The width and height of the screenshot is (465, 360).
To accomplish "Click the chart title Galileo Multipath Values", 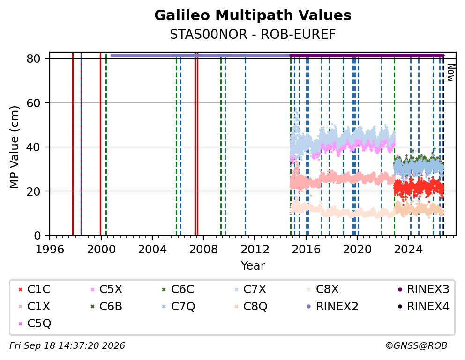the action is coord(253,15).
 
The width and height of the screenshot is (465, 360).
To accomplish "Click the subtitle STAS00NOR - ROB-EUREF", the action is coord(253,35).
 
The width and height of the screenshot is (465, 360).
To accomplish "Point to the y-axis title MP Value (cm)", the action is coord(14,147).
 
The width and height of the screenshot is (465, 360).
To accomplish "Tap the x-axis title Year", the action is coord(253,265).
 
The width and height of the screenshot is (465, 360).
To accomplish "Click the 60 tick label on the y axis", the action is coord(33,103).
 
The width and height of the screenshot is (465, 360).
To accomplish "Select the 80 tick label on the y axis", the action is coord(33,59).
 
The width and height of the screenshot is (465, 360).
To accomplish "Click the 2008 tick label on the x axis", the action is coord(203,250).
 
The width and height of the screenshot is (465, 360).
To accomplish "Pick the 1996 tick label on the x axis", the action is coord(50,250).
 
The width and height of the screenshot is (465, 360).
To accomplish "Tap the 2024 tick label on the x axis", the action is coord(408,250).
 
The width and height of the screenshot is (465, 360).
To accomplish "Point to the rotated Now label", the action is coord(451,73).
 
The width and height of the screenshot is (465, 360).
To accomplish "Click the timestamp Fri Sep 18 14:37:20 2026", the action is coord(67,345).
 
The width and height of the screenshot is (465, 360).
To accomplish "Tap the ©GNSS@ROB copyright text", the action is coord(416,345).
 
